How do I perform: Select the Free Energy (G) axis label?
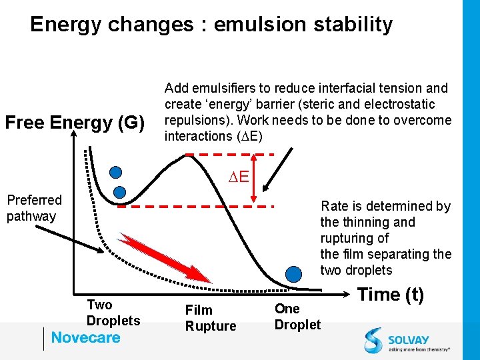point(75,123)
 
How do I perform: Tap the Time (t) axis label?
point(391,295)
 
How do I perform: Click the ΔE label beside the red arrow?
point(238,177)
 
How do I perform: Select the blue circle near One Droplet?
point(293,273)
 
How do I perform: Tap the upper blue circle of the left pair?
point(116,172)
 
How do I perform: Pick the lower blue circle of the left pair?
point(120,193)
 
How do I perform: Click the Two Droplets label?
point(113,313)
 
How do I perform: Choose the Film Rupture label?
point(210,318)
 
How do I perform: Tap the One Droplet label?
point(297,317)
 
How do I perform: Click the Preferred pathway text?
point(34,208)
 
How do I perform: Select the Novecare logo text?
point(85,337)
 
